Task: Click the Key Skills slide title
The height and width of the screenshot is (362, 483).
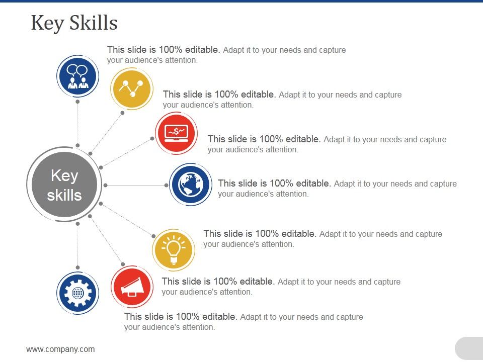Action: (74, 23)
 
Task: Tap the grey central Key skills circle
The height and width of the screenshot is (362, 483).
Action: (64, 185)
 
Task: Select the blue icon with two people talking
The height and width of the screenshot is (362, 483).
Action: (77, 76)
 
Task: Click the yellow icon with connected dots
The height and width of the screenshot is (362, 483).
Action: (131, 88)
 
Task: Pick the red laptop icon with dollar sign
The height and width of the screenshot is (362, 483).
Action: (176, 133)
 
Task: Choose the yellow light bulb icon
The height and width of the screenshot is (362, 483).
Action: (173, 249)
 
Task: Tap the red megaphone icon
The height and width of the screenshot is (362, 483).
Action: (132, 287)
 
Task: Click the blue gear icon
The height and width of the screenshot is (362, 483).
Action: (77, 293)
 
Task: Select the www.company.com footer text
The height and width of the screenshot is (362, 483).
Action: (60, 349)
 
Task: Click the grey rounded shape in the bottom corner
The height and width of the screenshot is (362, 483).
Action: (469, 348)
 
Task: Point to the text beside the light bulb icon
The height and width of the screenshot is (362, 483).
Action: (323, 239)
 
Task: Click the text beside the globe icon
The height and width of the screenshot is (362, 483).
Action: (337, 189)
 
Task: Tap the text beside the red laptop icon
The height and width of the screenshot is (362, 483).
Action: (327, 144)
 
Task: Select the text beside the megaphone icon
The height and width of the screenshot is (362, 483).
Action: (281, 287)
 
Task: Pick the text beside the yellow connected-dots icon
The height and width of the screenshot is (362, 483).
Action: (282, 100)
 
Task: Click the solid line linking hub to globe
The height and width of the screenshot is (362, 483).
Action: (136, 185)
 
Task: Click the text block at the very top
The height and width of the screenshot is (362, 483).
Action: (226, 55)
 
